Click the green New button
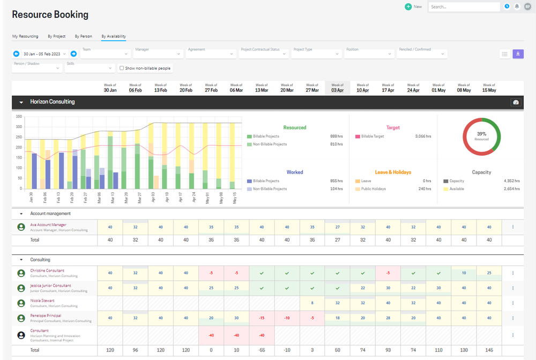click(413, 7)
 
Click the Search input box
click(464, 7)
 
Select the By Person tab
click(83, 36)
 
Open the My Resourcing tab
click(25, 36)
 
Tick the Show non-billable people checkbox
click(122, 68)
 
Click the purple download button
click(518, 54)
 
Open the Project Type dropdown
click(316, 54)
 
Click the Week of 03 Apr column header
click(337, 88)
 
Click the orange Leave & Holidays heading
click(393, 172)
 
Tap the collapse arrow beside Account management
click(21, 214)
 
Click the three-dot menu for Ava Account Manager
click(513, 227)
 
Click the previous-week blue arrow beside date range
click(16, 54)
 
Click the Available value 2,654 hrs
click(511, 189)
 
